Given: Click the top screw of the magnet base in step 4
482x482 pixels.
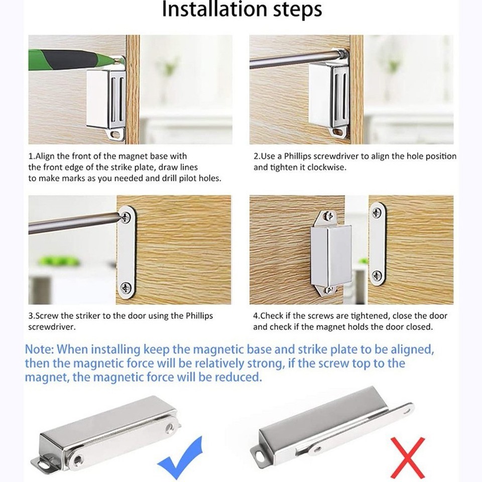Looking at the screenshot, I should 329,216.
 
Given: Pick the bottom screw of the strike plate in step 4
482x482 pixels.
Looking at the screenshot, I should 377,275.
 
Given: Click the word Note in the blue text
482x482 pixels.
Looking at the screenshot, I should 40,348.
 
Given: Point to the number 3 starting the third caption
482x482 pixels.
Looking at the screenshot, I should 31,316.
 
